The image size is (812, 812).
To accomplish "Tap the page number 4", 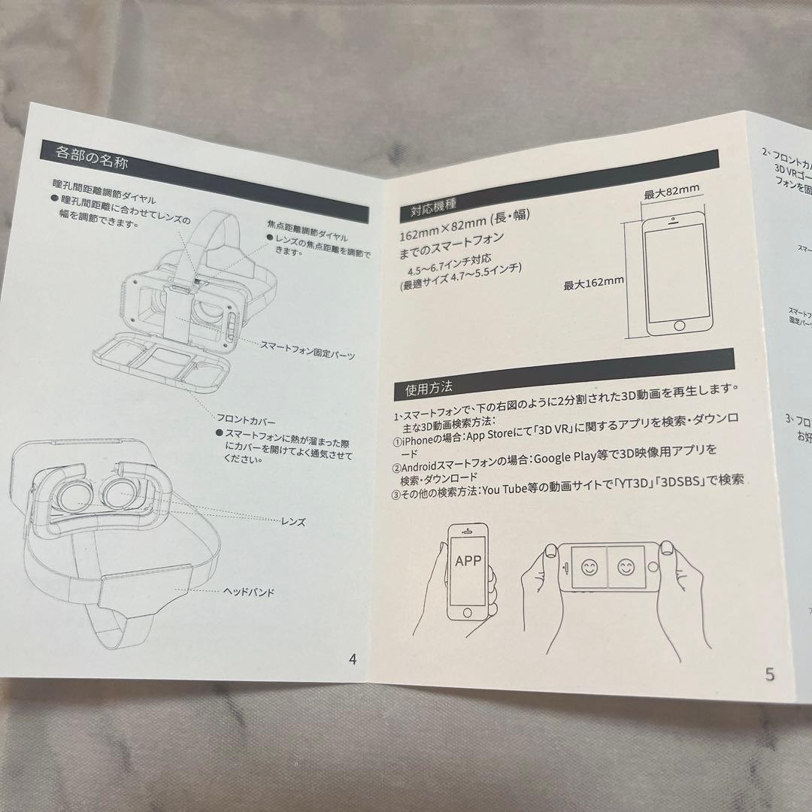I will [x=353, y=659].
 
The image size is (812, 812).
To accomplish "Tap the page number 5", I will [x=769, y=674].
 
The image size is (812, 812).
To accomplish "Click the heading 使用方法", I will [x=429, y=389].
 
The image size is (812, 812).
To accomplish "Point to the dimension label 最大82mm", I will [x=671, y=193].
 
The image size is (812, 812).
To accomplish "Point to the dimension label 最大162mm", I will [x=594, y=283].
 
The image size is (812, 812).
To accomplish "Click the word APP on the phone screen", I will [x=468, y=561].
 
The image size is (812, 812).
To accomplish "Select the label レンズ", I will [x=293, y=521].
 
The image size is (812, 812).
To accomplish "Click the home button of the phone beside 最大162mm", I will [x=680, y=326].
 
